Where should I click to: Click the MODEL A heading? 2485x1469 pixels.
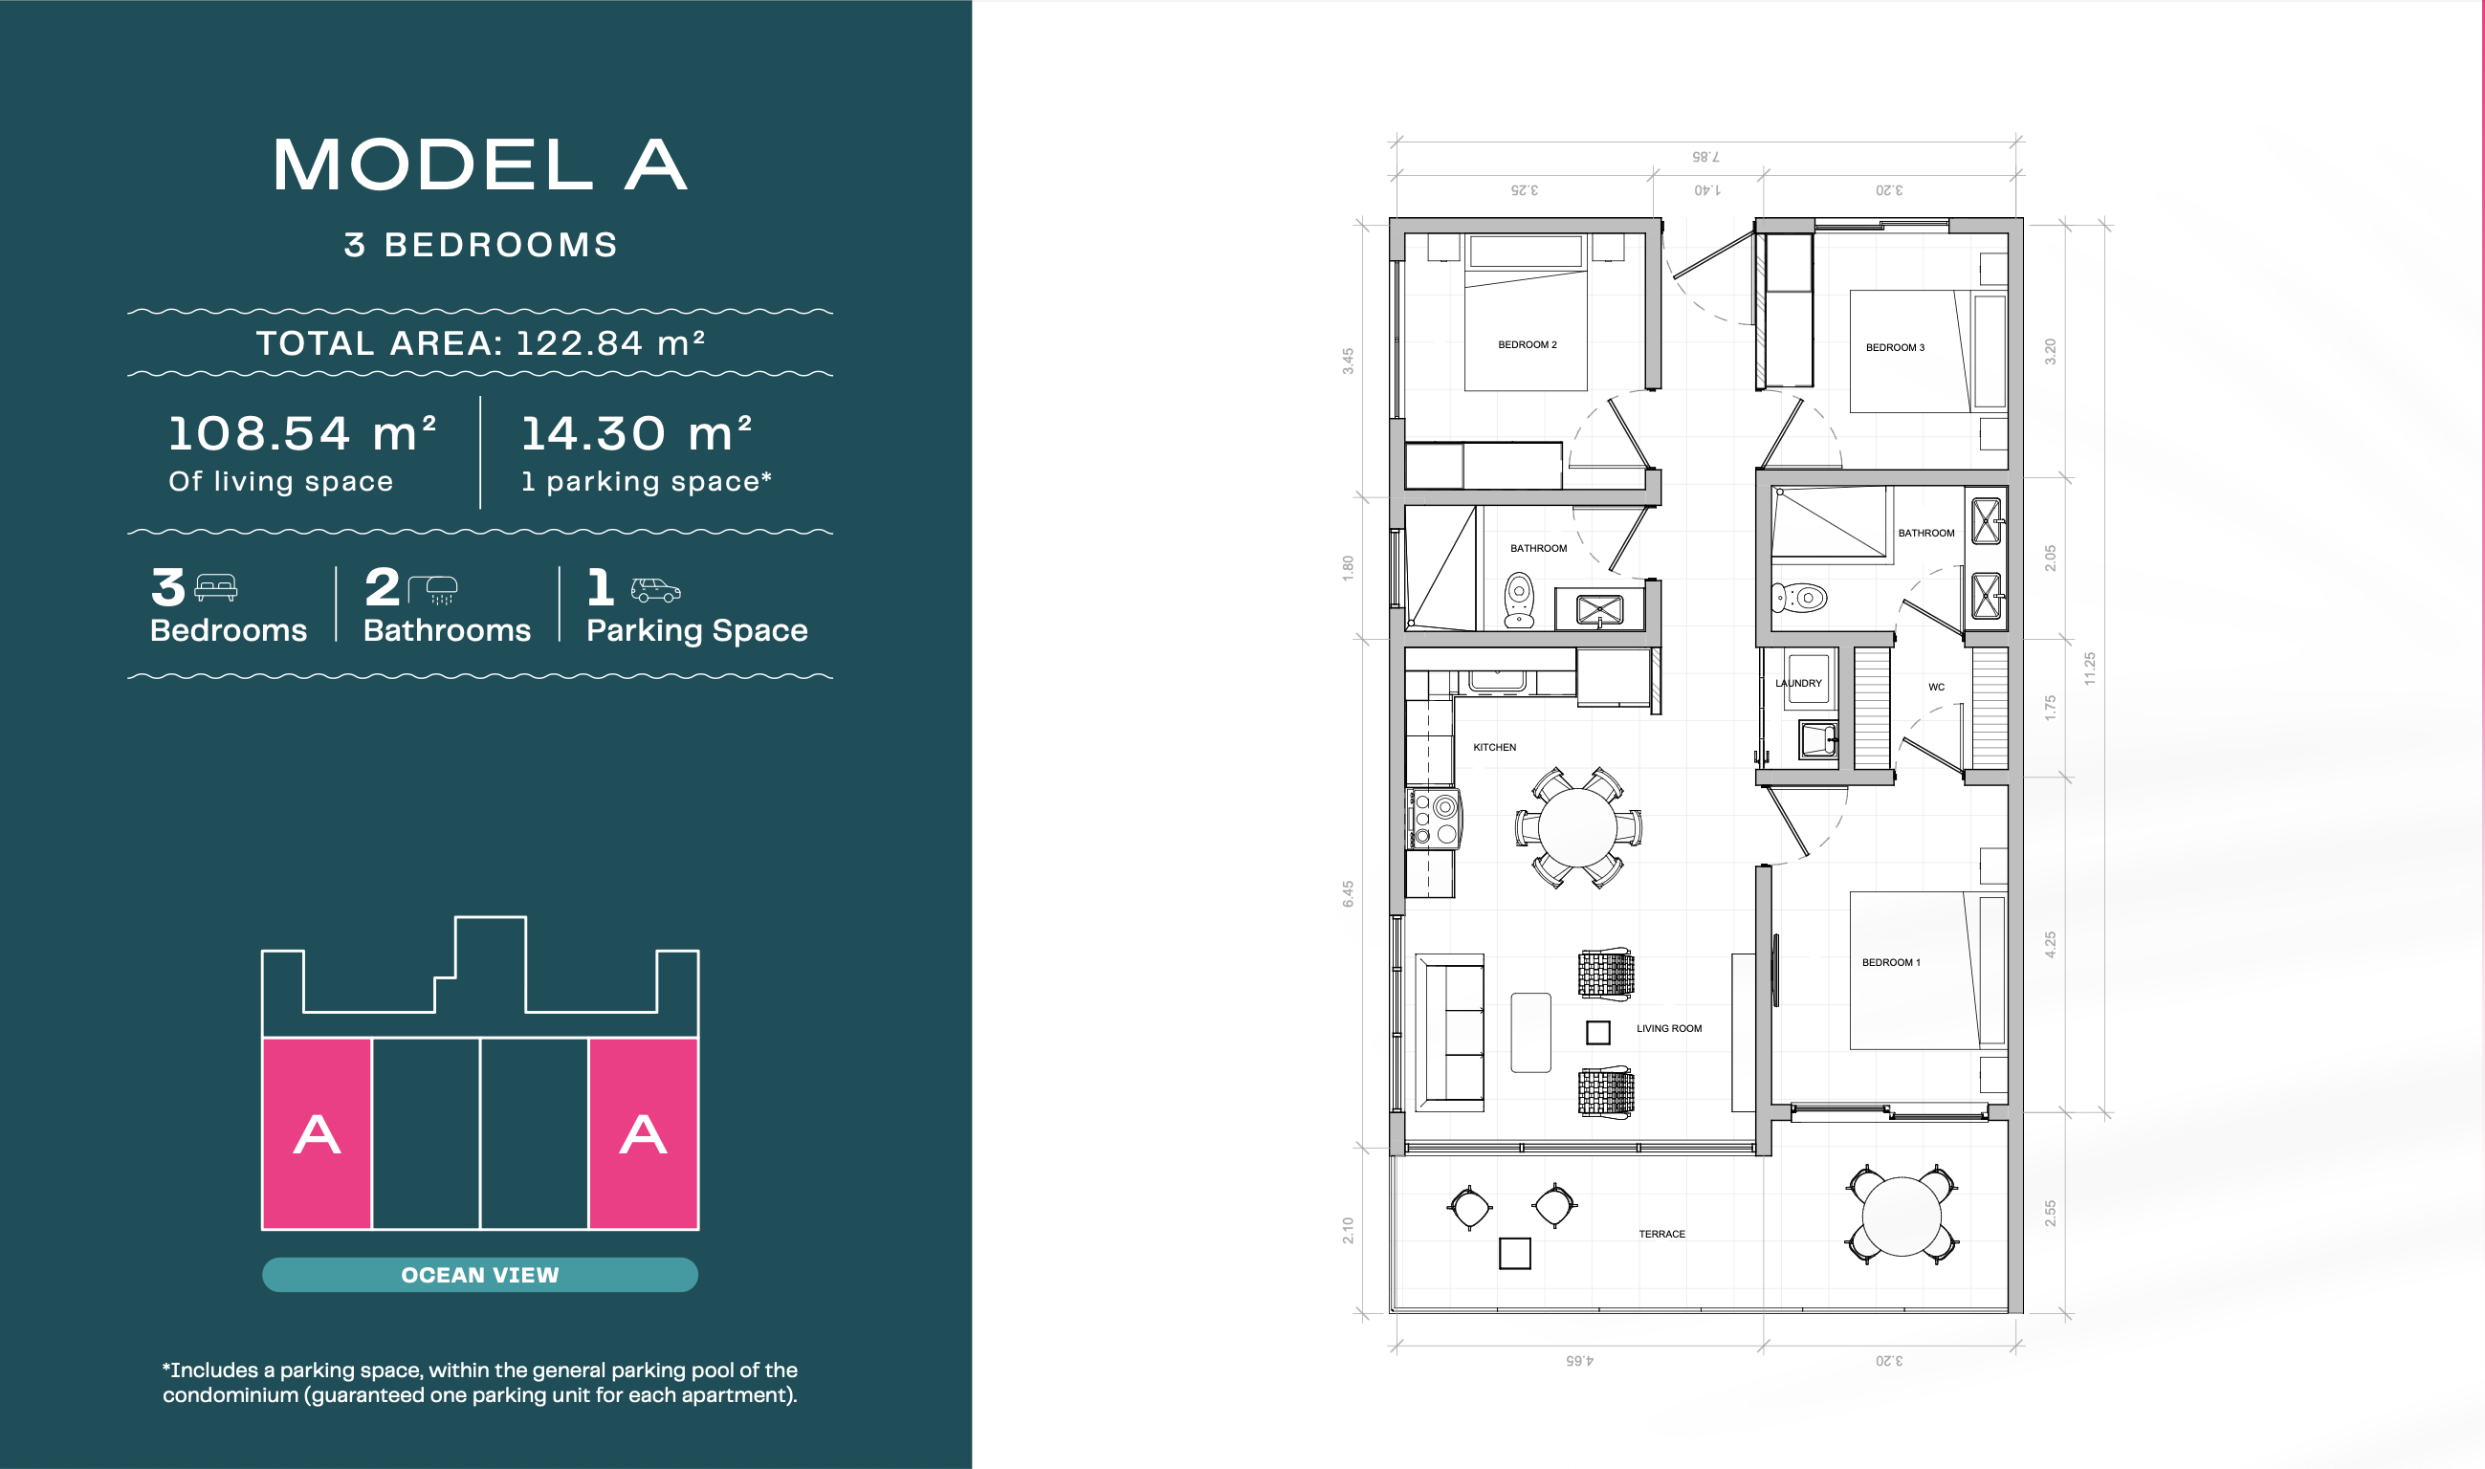[x=480, y=164]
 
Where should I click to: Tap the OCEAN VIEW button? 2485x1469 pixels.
[x=480, y=1274]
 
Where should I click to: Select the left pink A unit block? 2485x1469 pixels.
[x=317, y=1133]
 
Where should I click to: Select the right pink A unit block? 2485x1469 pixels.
[x=644, y=1133]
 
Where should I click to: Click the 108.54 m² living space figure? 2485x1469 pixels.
[x=302, y=433]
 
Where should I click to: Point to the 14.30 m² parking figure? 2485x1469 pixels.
[x=637, y=433]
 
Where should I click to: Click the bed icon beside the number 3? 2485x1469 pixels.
[x=216, y=588]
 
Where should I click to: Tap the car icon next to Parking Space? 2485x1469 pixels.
[x=655, y=590]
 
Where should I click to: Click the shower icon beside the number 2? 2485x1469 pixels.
[x=432, y=590]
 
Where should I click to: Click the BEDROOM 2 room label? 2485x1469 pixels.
[x=1527, y=344]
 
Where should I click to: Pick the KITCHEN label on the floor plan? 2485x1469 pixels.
[x=1494, y=747]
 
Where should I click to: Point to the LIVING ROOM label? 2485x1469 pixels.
[x=1668, y=1028]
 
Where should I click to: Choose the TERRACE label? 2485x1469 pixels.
[x=1661, y=1234]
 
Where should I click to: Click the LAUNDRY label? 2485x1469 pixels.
[x=1798, y=683]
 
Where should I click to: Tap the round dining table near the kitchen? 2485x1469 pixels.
[x=1577, y=827]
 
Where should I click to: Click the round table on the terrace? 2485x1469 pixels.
[x=1901, y=1216]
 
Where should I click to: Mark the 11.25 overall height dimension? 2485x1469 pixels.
[x=2089, y=669]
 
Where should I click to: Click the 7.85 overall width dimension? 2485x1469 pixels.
[x=1704, y=157]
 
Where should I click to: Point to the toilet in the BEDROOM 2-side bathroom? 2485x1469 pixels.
[x=1519, y=600]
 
